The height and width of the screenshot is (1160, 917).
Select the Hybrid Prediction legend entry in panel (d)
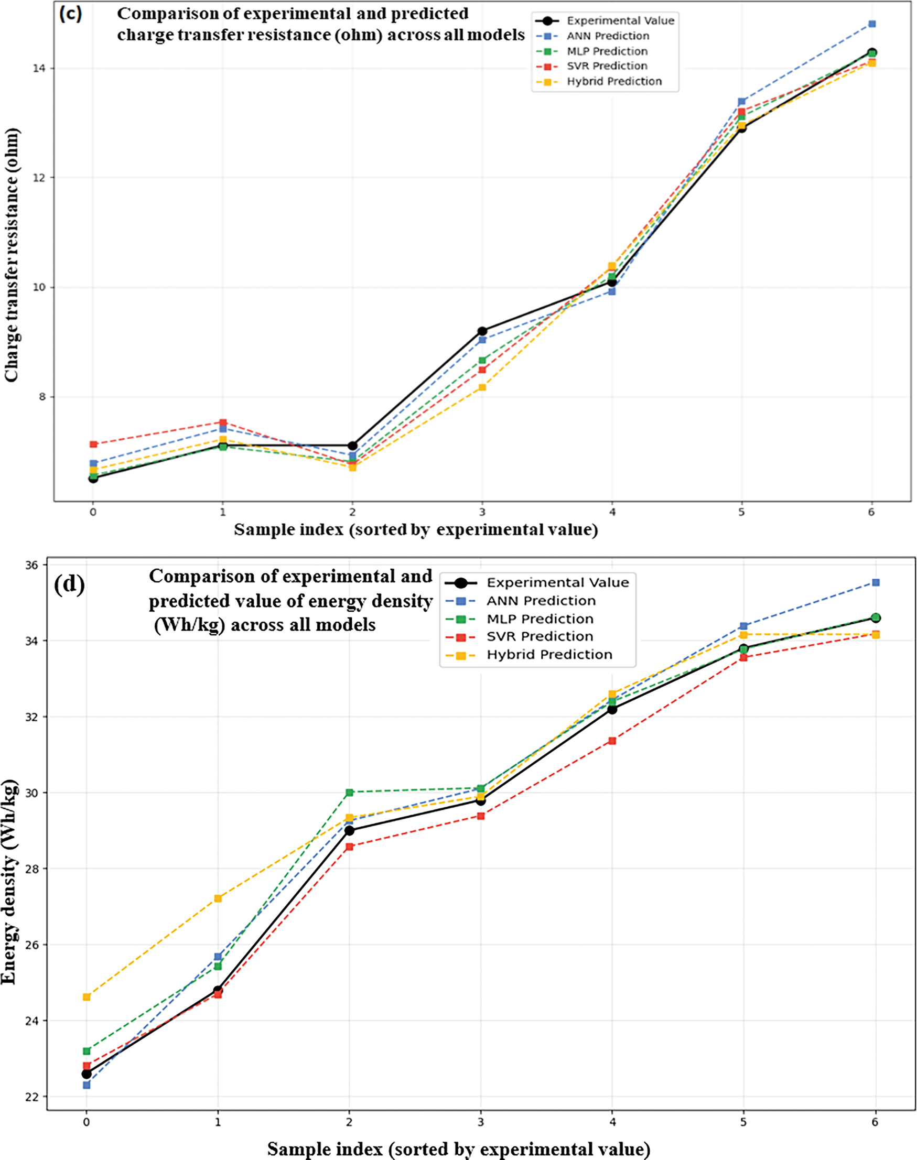pos(549,654)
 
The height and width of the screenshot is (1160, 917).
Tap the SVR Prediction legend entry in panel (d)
pos(539,636)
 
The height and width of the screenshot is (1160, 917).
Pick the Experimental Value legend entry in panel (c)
pos(620,21)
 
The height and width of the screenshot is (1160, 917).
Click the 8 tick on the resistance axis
pos(43,397)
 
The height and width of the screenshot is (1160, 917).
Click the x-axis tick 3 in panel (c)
pos(482,512)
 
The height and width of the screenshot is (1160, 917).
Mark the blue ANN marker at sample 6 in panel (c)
pos(872,24)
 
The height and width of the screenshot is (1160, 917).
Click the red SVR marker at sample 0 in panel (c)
pos(93,444)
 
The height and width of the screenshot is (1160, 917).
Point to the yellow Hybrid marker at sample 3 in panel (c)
pos(482,387)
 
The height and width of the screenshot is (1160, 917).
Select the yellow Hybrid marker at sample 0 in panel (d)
pos(87,997)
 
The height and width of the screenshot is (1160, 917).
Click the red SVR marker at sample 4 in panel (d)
pos(612,741)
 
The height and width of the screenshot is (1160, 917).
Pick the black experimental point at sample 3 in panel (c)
pos(482,331)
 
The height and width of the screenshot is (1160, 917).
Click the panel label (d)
pos(69,585)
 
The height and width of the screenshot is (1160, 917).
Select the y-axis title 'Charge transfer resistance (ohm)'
pos(12,255)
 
